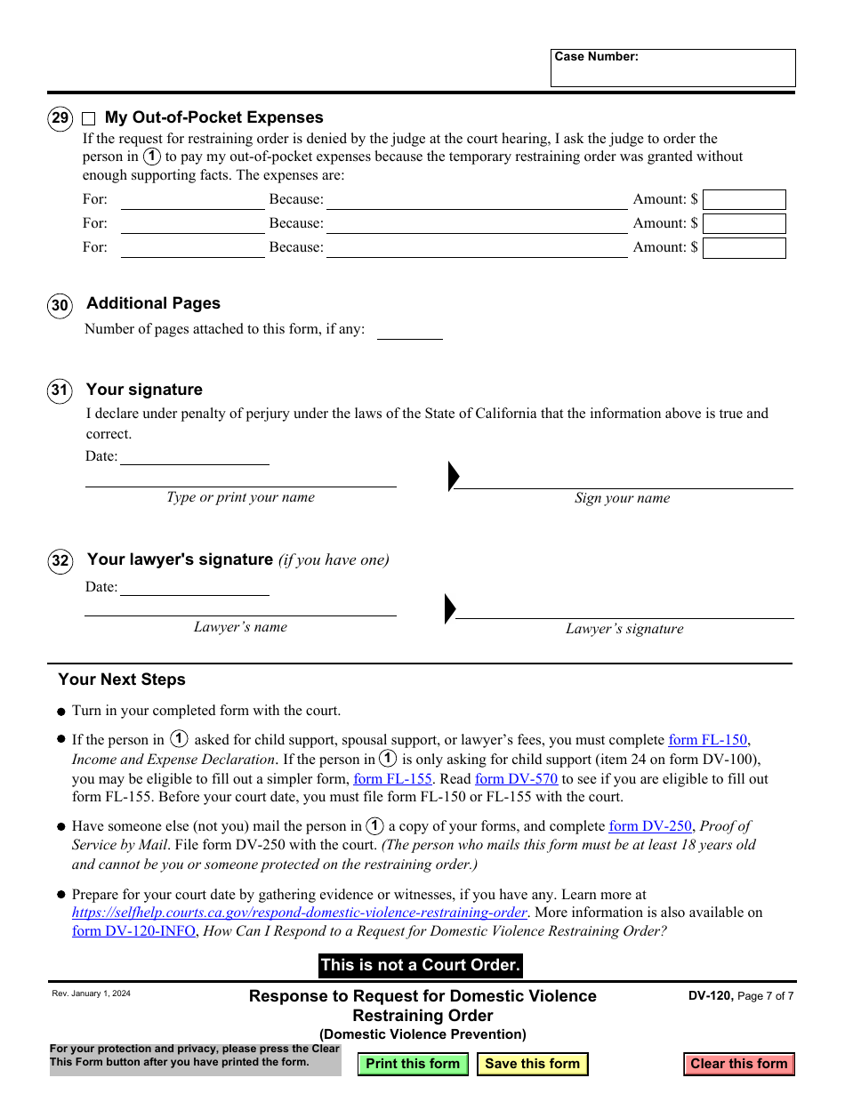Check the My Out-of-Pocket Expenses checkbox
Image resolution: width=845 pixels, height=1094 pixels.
[x=89, y=118]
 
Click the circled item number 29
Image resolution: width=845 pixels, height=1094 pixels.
[x=60, y=118]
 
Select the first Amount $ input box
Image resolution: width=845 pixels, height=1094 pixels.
[x=744, y=199]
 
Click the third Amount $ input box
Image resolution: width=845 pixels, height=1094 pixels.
[x=744, y=248]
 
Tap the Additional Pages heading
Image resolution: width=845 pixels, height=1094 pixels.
[x=153, y=303]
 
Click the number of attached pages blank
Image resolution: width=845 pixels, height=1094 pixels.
[x=409, y=331]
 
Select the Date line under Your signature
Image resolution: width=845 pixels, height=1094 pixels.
[x=194, y=456]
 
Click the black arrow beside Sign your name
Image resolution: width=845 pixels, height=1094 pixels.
[x=454, y=477]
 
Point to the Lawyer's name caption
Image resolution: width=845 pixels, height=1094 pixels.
[x=240, y=627]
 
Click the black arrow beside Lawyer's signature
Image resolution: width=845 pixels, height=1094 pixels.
[x=450, y=608]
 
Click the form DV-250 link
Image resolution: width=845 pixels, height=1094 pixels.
[x=649, y=826]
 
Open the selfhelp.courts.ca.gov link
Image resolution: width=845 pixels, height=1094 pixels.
[x=299, y=913]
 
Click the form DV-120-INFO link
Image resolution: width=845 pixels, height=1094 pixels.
[x=133, y=931]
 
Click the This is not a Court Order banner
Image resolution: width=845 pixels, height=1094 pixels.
[x=421, y=965]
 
